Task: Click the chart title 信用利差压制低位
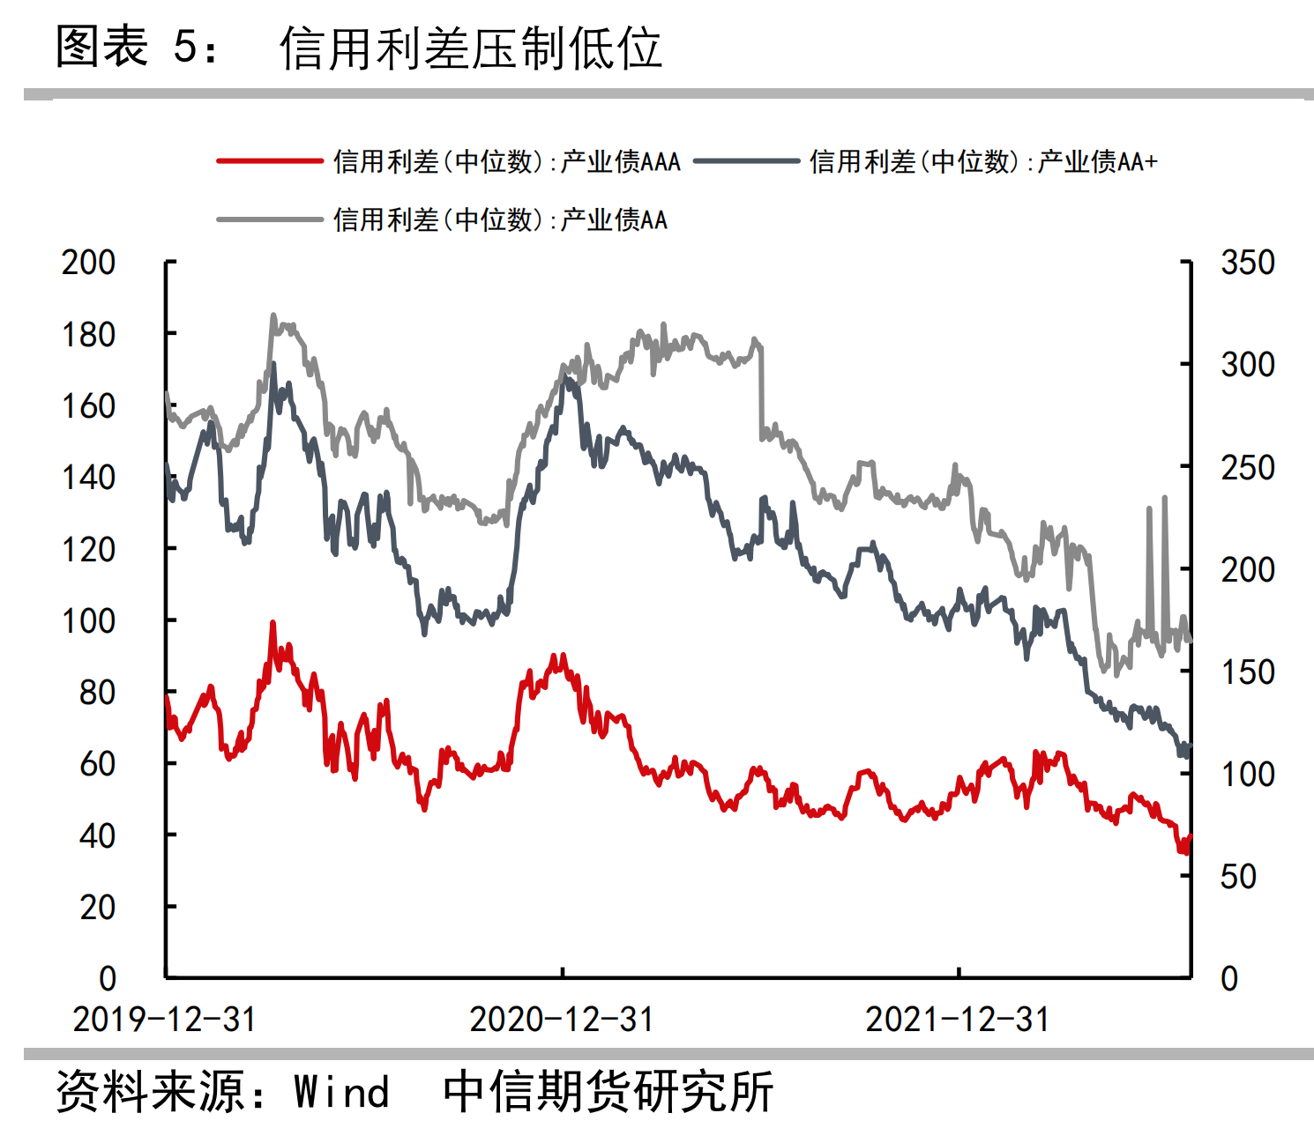tap(471, 48)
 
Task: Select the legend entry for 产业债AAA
tap(506, 161)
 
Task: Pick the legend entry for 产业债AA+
tap(982, 161)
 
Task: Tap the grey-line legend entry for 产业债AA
tap(499, 219)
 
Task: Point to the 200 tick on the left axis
tap(88, 263)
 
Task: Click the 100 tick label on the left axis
tap(88, 621)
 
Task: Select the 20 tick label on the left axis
tap(97, 907)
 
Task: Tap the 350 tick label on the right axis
tap(1247, 263)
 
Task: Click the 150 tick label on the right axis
tap(1247, 672)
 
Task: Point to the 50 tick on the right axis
tap(1238, 877)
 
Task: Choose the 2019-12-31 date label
tap(165, 1020)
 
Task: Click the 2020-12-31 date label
tap(562, 1020)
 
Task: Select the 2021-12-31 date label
tap(958, 1020)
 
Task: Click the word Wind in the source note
tap(341, 1092)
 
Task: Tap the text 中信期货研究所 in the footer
tap(608, 1092)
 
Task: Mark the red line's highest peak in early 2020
tap(273, 623)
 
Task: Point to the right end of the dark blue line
tap(1190, 746)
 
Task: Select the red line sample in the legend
tap(270, 161)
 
